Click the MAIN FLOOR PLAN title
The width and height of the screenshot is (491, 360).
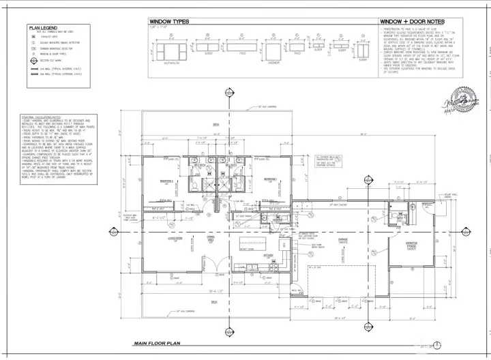[x=156, y=343]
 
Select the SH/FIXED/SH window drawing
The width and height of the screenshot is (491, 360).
[x=169, y=52]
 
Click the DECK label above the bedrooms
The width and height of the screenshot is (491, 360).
[x=215, y=125]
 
